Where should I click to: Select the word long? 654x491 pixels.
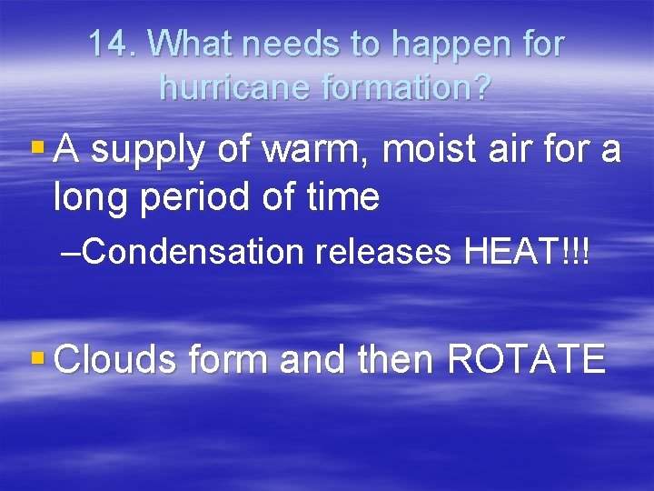pos(91,197)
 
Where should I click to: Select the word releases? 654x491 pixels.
pos(383,252)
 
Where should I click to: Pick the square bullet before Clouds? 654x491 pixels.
pos(36,356)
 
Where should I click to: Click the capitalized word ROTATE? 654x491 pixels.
pos(527,359)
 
